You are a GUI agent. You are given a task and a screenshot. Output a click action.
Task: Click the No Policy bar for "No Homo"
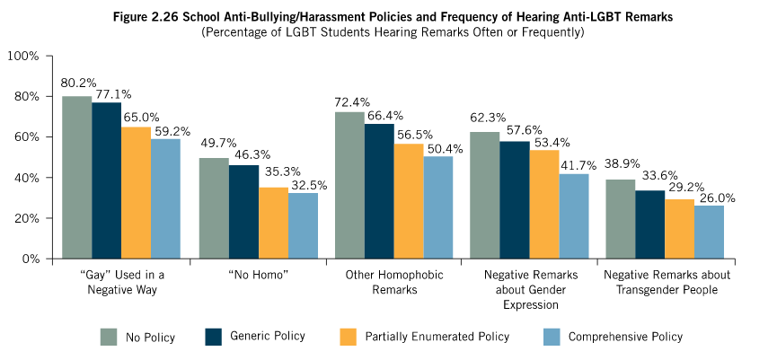(213, 208)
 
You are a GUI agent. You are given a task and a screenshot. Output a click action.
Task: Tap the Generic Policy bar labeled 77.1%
(106, 180)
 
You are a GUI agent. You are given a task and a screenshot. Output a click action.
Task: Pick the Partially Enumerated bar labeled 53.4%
(544, 205)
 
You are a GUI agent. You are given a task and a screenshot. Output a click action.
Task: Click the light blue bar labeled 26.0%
(709, 232)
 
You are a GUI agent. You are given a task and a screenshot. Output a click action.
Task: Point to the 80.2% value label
(78, 83)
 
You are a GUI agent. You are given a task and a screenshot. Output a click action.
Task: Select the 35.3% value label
(274, 176)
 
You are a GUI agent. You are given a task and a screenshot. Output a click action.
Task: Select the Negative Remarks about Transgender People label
(666, 282)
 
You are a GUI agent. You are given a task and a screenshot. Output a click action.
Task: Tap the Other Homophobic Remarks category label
(395, 282)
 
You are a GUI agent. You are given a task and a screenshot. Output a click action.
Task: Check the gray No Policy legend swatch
(110, 337)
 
